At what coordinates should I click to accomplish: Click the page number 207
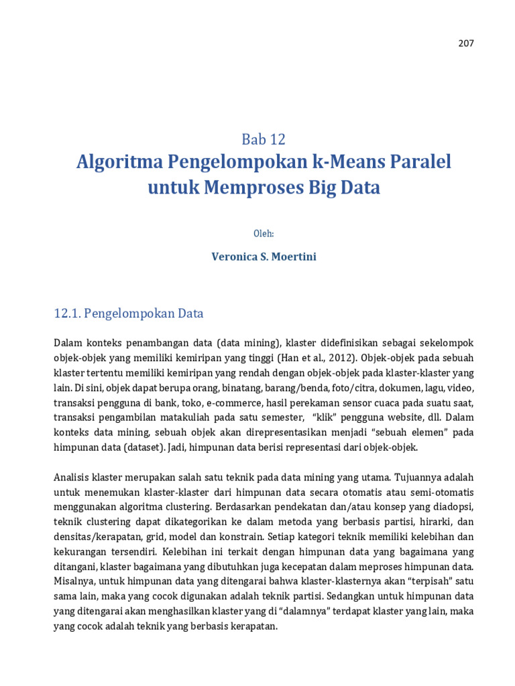pyautogui.click(x=466, y=44)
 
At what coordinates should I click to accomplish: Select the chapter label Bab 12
pyautogui.click(x=264, y=139)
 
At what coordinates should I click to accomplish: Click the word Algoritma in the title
pyautogui.click(x=115, y=162)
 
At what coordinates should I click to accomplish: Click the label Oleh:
pyautogui.click(x=264, y=233)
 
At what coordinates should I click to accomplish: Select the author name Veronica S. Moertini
pyautogui.click(x=264, y=257)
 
